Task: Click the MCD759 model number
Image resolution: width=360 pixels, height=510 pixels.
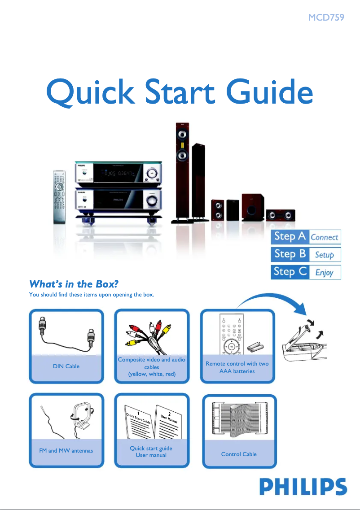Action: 326,18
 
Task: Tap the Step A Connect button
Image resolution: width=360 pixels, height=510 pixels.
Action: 306,237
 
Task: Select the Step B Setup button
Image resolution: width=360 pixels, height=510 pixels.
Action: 306,254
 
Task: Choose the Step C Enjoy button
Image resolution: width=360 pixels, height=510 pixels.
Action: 306,272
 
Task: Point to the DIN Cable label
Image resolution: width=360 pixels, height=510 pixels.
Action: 66,366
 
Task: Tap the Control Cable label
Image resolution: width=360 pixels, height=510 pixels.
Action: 239,454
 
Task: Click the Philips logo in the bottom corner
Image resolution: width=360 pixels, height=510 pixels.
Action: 303,487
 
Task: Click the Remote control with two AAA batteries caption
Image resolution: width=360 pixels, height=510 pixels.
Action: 237,367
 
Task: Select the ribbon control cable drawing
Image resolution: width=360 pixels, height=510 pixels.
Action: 238,417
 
